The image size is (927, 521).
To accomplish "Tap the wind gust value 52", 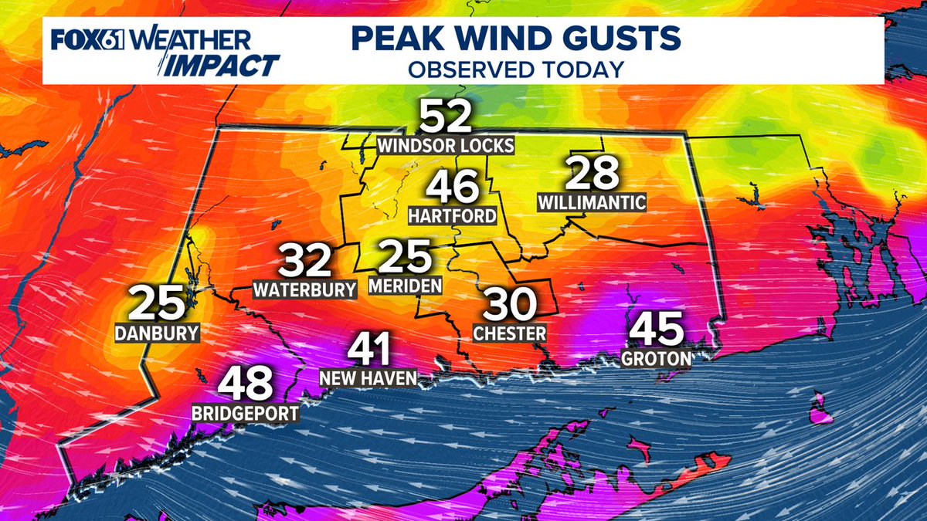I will point(445,118).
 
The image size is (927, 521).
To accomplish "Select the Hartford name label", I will point(452,215).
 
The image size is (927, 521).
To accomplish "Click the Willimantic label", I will point(593,203).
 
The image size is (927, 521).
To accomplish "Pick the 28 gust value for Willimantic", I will point(593,174).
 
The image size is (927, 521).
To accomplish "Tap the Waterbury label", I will point(305,290).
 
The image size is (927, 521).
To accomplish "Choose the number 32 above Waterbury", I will point(305,262).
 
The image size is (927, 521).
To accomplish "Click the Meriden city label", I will point(405,286).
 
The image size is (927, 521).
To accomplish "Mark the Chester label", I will point(510,333).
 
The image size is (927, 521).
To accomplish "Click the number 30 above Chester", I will point(510,305).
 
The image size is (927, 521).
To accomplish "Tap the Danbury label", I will point(157,333).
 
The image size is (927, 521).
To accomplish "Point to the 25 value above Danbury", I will point(157,303).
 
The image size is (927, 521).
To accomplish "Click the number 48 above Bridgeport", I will point(246,384).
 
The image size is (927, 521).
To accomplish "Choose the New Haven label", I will point(369,378).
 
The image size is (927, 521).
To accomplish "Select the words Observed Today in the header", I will point(515,69).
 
